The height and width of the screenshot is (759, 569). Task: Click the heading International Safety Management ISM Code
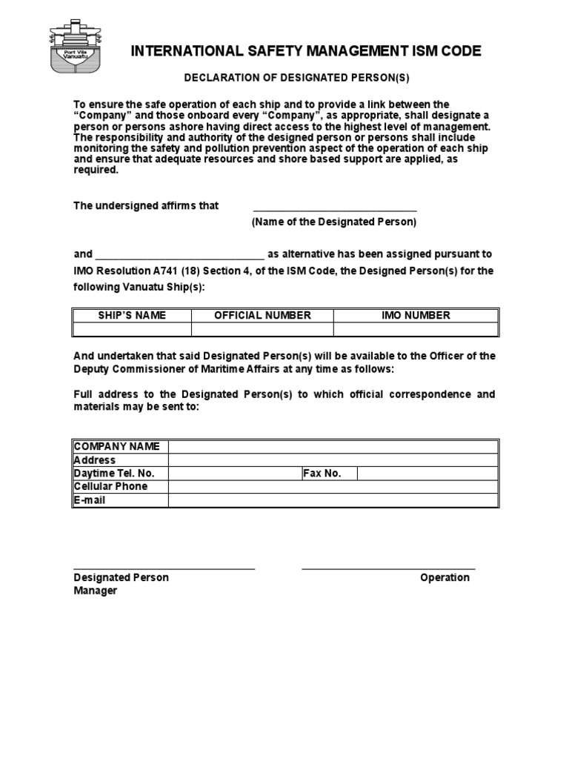tap(306, 51)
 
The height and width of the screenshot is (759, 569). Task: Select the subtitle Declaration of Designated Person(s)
tap(296, 78)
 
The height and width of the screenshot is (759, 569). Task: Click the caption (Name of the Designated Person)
tap(334, 222)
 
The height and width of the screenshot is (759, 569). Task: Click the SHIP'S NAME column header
tap(132, 315)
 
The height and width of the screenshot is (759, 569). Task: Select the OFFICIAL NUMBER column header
tap(262, 315)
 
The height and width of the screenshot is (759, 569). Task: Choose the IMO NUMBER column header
tap(415, 315)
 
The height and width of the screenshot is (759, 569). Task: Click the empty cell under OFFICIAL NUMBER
tap(262, 329)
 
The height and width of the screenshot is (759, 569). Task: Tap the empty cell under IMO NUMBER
tap(415, 329)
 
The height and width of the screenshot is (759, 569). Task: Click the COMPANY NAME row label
tap(117, 446)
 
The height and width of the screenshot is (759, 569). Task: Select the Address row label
tap(94, 460)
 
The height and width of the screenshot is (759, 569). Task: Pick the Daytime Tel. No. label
tap(114, 473)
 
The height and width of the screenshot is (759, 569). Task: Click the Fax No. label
tap(322, 473)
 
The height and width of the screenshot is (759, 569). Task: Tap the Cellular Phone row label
tap(110, 486)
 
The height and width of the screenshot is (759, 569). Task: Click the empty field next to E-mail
tap(333, 500)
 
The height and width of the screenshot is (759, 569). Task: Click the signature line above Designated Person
tap(164, 568)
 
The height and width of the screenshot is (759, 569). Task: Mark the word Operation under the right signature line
tap(445, 577)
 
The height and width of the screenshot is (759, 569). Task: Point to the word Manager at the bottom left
tap(95, 591)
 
